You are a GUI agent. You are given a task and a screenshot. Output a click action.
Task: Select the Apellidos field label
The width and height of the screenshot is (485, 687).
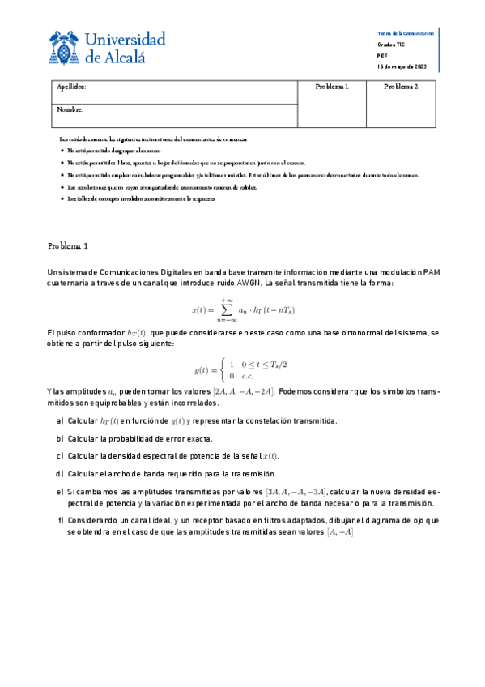[x=72, y=87]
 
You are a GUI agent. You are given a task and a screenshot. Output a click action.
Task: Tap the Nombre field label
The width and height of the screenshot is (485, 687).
[x=70, y=109]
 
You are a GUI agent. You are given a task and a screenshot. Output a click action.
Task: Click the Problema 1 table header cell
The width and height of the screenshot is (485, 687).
[x=330, y=87]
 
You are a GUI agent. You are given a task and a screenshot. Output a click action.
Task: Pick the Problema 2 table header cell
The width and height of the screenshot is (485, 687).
[x=401, y=87]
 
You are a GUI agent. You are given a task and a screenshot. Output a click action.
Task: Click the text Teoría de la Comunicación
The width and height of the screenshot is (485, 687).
[x=406, y=33]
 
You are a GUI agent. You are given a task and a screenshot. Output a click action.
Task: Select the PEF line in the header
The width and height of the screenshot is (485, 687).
[x=382, y=56]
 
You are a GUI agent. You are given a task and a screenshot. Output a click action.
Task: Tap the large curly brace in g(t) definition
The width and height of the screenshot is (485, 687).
[x=223, y=370]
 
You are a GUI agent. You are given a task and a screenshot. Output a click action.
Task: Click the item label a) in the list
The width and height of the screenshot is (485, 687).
[x=60, y=421]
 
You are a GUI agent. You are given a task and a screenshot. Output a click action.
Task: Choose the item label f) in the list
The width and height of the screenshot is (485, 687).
[x=60, y=520]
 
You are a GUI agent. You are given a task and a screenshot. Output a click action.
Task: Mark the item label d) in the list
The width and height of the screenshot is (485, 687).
[x=60, y=474]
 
